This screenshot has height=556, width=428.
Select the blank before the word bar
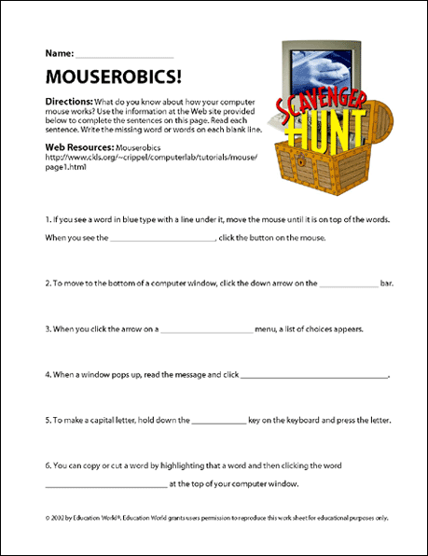[349, 283]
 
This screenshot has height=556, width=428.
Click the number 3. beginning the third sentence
[48, 328]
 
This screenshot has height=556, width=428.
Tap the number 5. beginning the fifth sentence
[48, 421]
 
